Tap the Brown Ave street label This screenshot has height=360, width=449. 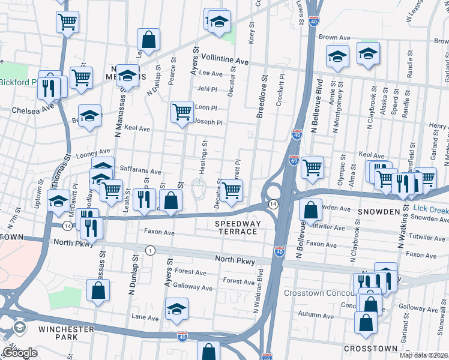click(334, 37)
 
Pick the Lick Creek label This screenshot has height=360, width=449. click(430, 210)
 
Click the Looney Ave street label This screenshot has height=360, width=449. click(77, 155)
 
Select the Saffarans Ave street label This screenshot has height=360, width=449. click(140, 171)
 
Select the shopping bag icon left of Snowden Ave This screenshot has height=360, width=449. click(310, 210)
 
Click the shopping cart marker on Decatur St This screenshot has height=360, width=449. click(231, 190)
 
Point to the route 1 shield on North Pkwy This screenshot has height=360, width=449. click(150, 250)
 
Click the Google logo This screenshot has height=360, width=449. click(20, 353)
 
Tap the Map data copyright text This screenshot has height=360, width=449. click(424, 355)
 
